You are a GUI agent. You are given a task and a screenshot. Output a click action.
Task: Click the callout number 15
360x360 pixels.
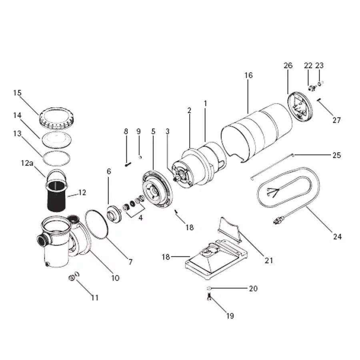[x=17, y=93]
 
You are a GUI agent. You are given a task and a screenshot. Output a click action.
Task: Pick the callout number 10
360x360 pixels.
[x=115, y=278]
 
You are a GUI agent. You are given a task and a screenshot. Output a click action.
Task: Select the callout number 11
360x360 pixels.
[x=94, y=298]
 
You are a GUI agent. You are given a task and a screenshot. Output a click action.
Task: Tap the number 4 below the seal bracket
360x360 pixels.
[x=140, y=218]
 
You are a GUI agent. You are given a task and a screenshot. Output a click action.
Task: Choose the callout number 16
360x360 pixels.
[x=248, y=75]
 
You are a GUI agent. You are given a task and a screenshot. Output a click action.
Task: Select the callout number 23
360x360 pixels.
[x=319, y=66]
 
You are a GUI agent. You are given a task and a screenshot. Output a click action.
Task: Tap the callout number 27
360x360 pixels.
[x=337, y=120]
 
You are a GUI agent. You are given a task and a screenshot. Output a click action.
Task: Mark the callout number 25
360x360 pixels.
[x=336, y=155]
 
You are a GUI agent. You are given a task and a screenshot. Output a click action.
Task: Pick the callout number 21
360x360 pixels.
[x=269, y=260]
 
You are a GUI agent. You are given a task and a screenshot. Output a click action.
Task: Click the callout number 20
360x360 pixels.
[x=253, y=288]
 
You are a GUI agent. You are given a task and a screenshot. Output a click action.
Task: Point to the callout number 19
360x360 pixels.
[x=230, y=316]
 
